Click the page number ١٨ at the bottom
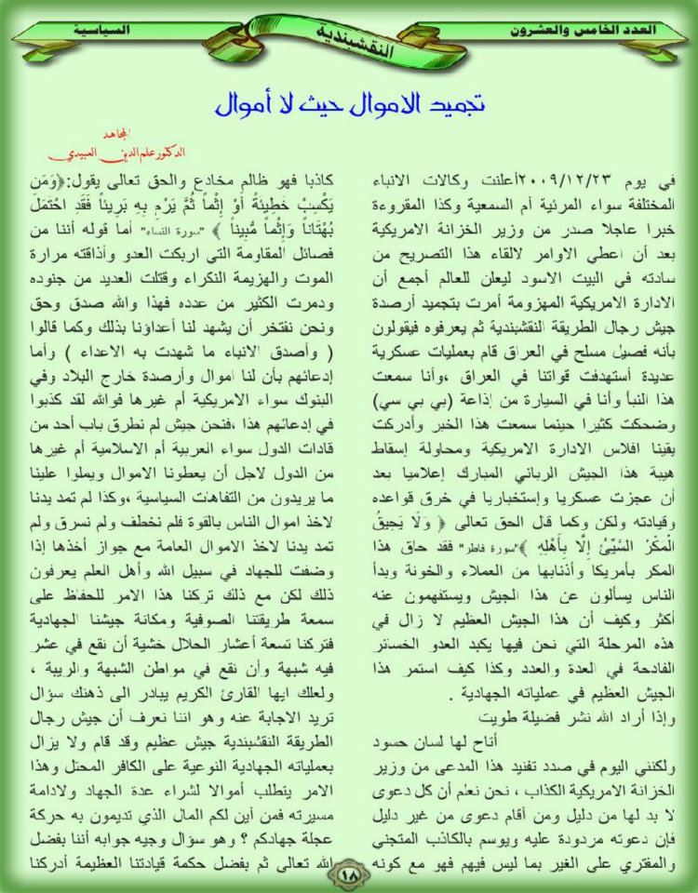point(349,873)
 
